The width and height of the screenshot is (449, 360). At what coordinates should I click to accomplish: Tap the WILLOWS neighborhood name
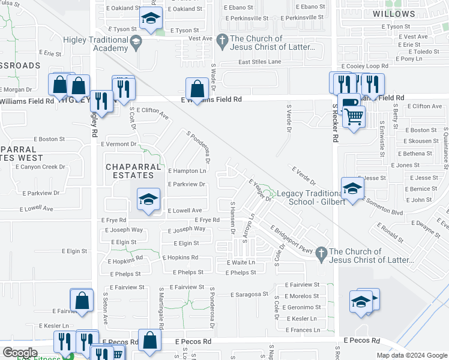(394, 14)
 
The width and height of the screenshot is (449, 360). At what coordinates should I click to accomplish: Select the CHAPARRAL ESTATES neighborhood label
(134, 171)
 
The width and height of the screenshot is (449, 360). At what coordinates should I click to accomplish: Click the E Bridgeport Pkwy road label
(292, 239)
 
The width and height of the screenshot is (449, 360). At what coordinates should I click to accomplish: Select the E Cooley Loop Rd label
(364, 66)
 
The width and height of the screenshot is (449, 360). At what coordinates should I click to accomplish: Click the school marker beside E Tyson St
(150, 19)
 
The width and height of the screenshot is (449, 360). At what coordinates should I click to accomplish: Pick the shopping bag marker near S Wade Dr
(197, 90)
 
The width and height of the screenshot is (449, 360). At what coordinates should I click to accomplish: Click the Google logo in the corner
(19, 353)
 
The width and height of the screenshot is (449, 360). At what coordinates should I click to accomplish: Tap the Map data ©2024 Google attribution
(411, 355)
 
